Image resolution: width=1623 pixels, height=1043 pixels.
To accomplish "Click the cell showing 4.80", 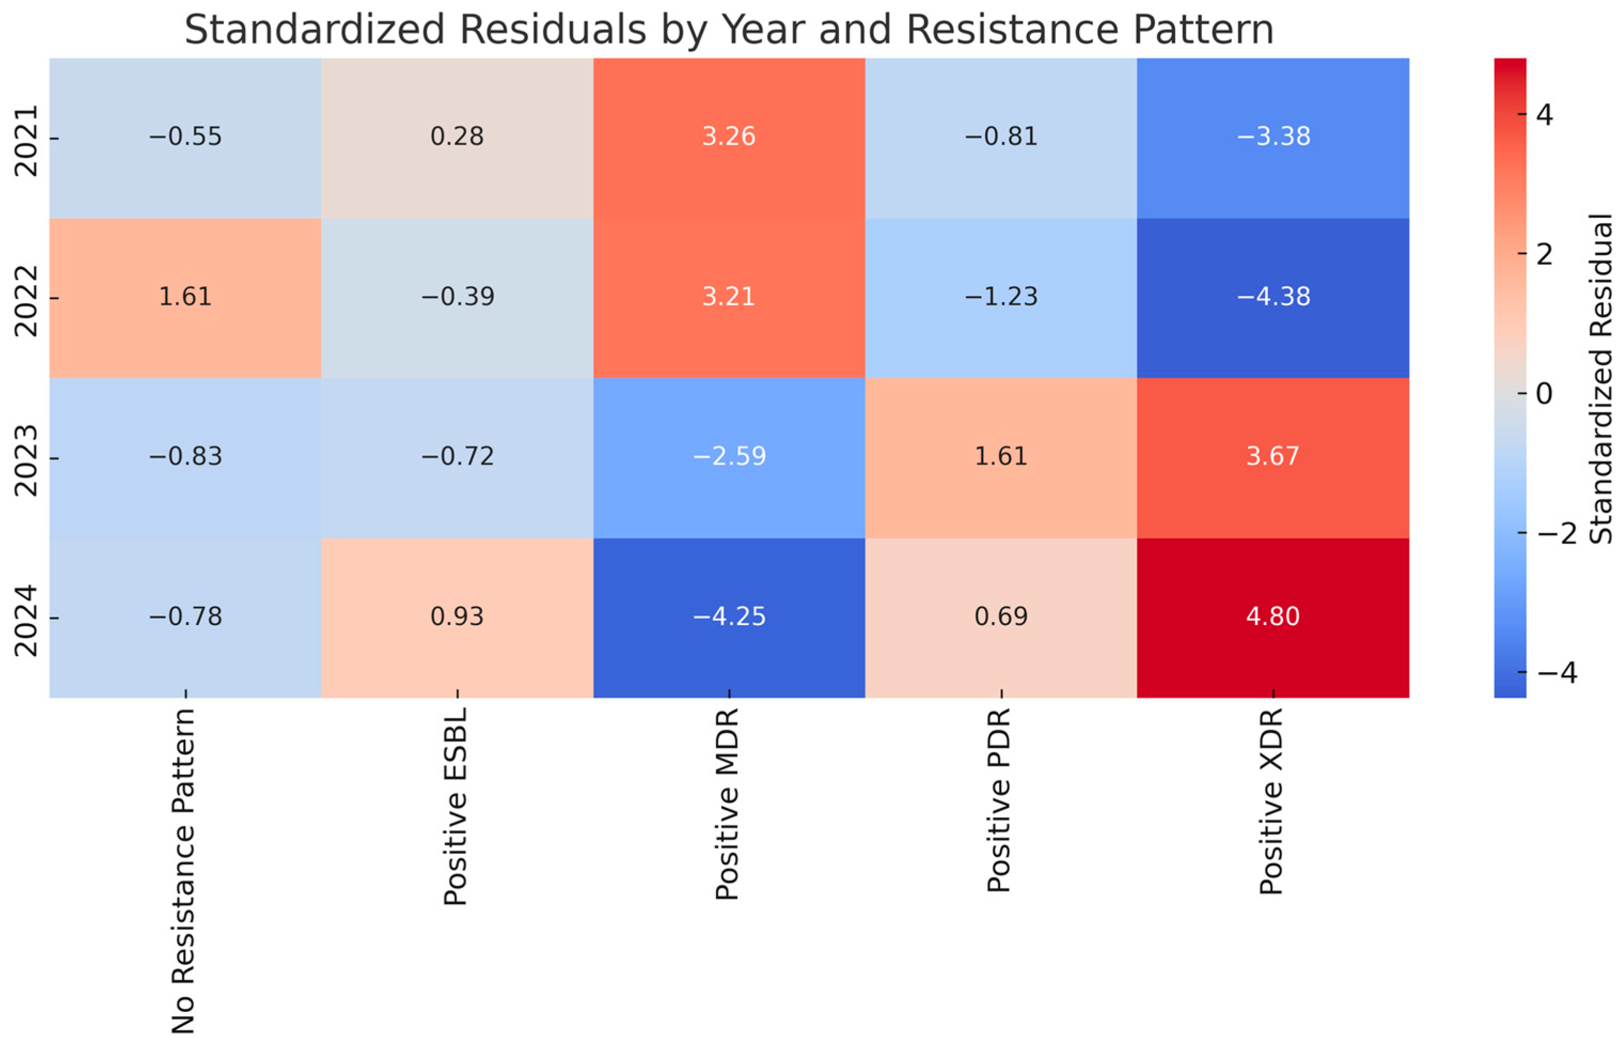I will click(1272, 617).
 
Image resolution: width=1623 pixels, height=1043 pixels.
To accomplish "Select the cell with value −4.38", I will click(1272, 297).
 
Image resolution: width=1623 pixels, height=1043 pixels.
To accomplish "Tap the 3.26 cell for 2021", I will click(729, 137).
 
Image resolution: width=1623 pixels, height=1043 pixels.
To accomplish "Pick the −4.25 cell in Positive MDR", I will click(729, 617).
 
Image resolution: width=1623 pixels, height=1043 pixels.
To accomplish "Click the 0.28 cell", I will click(457, 137).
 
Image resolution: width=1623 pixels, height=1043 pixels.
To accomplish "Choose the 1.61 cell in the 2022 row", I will click(185, 297).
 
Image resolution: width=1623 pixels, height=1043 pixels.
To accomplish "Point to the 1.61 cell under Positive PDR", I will click(1000, 456).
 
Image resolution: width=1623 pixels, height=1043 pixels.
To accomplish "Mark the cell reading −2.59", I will click(729, 456).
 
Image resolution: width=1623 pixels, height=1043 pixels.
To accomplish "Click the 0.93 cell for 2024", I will click(457, 617).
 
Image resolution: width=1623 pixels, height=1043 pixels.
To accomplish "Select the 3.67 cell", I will click(1272, 456).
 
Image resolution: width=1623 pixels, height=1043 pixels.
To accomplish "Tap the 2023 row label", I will click(27, 460).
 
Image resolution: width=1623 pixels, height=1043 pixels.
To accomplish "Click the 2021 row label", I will click(27, 140).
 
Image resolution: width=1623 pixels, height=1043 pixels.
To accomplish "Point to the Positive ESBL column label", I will click(456, 806).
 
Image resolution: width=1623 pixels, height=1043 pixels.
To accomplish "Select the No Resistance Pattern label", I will click(184, 870).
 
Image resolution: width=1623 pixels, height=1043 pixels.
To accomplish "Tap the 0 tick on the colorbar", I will click(1544, 393).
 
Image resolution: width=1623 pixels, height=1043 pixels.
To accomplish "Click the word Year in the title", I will click(764, 30).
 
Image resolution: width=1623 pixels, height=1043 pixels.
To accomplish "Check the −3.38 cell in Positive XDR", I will click(1272, 137).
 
